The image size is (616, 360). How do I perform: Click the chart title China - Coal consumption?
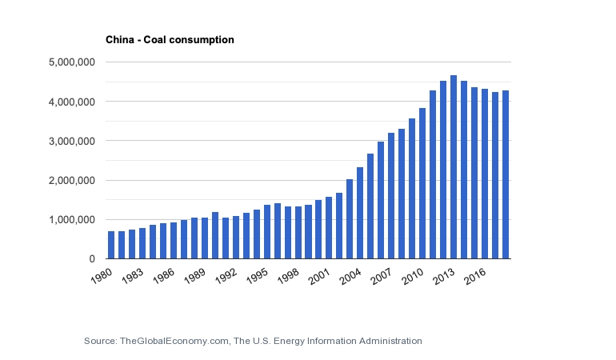(170, 39)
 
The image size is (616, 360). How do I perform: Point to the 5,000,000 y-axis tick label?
(73, 62)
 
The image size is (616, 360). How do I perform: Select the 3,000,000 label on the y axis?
(73, 141)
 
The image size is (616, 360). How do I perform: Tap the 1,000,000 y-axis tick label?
(73, 220)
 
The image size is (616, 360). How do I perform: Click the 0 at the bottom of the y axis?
(92, 259)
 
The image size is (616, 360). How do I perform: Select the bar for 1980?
(111, 245)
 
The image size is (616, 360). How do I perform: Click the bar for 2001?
(329, 228)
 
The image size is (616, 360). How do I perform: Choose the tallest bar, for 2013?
(454, 167)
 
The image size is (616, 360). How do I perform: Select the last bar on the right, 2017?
(506, 175)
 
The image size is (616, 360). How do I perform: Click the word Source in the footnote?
(99, 341)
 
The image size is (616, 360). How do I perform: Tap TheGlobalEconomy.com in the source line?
(175, 341)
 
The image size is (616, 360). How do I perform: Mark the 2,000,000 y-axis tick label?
(73, 181)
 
